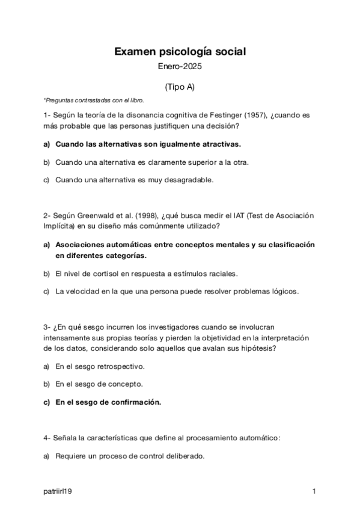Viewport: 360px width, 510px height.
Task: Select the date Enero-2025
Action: click(180, 69)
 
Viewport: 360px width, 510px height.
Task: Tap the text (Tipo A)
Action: click(180, 87)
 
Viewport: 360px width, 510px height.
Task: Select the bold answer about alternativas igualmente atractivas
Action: click(148, 144)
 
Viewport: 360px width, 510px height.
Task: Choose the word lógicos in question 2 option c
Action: click(285, 292)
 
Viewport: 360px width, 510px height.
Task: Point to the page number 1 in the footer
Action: click(314, 492)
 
